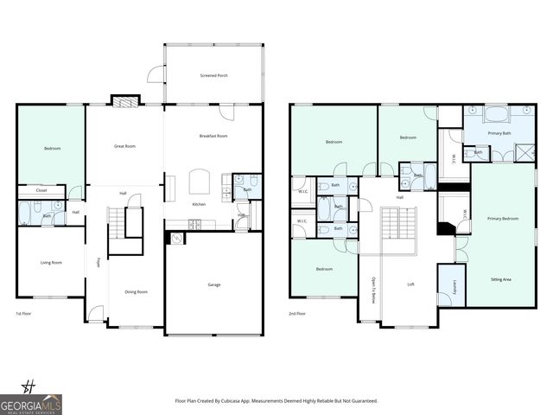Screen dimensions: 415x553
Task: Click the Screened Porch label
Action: (213, 76)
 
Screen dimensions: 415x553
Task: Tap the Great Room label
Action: (125, 146)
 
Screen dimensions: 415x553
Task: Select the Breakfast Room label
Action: (213, 136)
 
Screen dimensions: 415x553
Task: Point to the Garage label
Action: (213, 284)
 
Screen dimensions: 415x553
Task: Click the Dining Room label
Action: (136, 291)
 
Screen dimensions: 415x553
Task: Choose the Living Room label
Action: (51, 262)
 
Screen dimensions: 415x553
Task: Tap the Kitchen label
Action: (199, 203)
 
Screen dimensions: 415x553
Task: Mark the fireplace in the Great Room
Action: (125, 101)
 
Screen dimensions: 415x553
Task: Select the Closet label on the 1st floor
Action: (41, 190)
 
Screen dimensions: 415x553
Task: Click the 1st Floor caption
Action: (26, 314)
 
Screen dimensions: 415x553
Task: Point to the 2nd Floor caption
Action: (298, 314)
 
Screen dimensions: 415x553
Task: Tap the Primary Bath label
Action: (499, 133)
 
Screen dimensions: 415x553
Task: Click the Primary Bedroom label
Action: (503, 219)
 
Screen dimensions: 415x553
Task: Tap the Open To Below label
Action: (372, 290)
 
